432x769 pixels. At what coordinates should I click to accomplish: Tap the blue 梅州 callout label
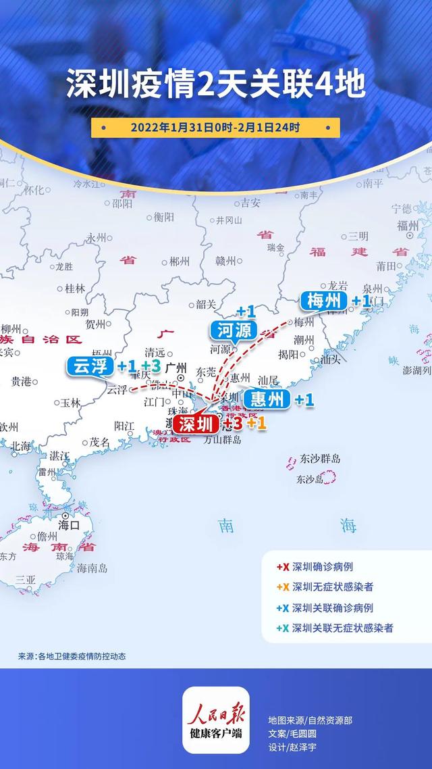(x=325, y=301)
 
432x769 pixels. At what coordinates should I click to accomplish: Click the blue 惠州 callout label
(x=267, y=399)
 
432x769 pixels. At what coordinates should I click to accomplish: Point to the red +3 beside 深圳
(x=232, y=424)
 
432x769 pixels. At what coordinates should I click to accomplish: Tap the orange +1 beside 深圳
(x=256, y=424)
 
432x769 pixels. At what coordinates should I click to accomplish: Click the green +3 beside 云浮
(x=151, y=366)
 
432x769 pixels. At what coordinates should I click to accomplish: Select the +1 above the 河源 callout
(x=246, y=312)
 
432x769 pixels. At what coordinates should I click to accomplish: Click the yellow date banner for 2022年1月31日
(x=215, y=127)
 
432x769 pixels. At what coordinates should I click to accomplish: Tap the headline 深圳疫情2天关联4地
(x=215, y=86)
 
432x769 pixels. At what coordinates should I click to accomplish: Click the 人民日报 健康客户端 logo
(x=215, y=720)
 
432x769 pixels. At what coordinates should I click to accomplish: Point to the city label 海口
(x=69, y=524)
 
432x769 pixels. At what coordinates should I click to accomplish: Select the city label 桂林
(x=75, y=288)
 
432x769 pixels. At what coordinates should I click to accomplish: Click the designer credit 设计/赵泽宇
(x=292, y=747)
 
